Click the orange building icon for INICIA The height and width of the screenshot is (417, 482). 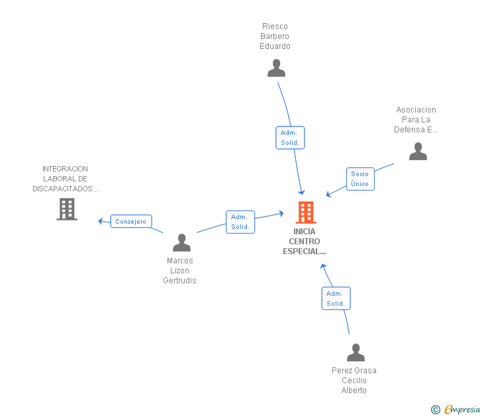click(x=306, y=212)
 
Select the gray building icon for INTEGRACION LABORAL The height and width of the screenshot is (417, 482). click(x=67, y=209)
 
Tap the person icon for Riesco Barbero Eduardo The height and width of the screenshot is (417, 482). click(x=276, y=68)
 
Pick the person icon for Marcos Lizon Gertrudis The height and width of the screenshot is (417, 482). click(x=181, y=242)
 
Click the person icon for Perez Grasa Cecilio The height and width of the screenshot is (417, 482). click(x=356, y=353)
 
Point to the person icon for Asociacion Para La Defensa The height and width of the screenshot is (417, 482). click(x=418, y=151)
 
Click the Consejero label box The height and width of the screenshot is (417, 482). click(x=131, y=221)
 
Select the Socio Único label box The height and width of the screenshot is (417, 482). click(x=360, y=179)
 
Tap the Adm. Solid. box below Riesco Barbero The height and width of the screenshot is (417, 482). click(x=290, y=138)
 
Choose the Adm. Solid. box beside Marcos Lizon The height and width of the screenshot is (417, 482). click(x=240, y=222)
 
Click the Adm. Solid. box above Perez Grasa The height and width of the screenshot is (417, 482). click(x=336, y=299)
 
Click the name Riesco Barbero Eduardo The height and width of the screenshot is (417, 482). click(x=275, y=36)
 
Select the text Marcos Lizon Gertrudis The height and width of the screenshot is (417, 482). click(x=179, y=271)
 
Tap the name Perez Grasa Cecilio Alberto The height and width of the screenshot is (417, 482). click(x=354, y=381)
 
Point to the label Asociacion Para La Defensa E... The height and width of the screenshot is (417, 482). click(x=416, y=120)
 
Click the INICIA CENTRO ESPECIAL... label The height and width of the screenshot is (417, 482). click(x=305, y=242)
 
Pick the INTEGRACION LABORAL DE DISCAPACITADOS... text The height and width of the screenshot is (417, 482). click(x=65, y=179)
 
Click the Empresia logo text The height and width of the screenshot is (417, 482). click(x=462, y=409)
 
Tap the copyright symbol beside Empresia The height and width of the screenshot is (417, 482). click(x=435, y=410)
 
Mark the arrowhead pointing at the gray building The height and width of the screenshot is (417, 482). click(x=100, y=221)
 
